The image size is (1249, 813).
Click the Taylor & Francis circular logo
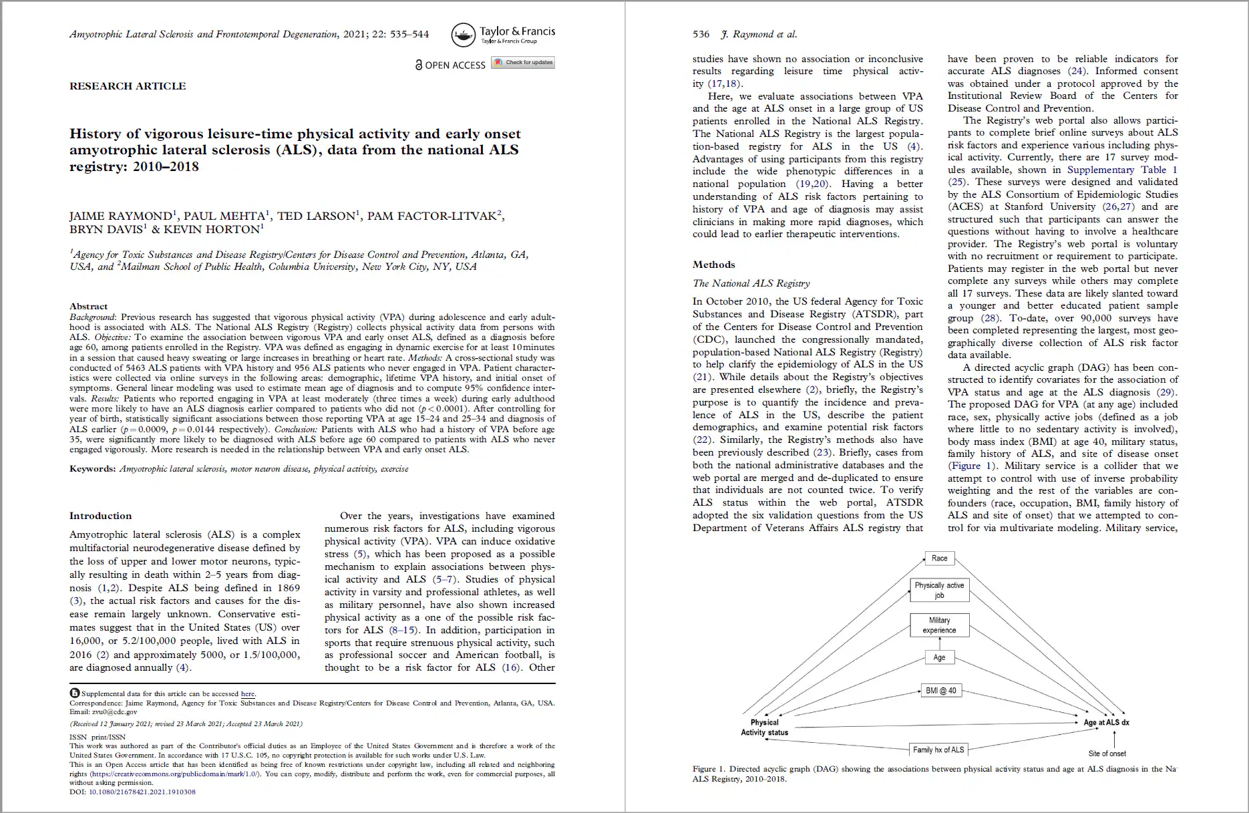coord(464,35)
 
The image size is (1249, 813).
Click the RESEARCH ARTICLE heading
coord(128,86)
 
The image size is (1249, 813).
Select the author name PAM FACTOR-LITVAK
coord(432,216)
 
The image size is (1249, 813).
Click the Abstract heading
coord(88,306)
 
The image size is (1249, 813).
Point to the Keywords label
coord(92,469)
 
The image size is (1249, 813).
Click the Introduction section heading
coord(101,516)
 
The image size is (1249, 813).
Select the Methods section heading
coord(713,265)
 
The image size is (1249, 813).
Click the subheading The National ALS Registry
coord(751,283)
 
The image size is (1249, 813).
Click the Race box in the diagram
coord(939,558)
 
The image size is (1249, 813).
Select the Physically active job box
coord(939,590)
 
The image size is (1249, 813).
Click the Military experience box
coord(939,625)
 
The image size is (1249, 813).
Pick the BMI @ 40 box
coord(940,691)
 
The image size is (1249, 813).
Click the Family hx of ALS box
coord(938,750)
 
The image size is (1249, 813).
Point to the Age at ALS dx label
coord(1106,722)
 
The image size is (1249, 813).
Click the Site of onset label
coord(1107,754)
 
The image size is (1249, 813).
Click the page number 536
coord(701,34)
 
